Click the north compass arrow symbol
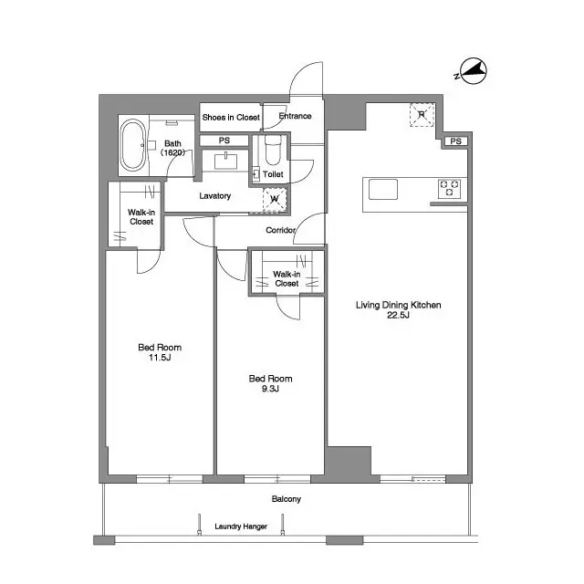(x=472, y=71)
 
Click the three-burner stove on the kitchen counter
(x=451, y=189)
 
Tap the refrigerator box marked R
(x=421, y=115)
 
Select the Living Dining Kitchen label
(x=398, y=305)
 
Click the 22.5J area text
(x=399, y=316)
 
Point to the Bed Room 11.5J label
(x=160, y=352)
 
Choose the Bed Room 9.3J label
(x=270, y=383)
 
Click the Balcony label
(x=286, y=499)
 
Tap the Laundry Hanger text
(x=240, y=527)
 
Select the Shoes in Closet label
(x=231, y=117)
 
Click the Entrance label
(x=294, y=117)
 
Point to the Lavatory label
(x=214, y=196)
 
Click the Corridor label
(x=280, y=231)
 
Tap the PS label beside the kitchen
(x=455, y=141)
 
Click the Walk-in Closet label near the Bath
(x=141, y=217)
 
